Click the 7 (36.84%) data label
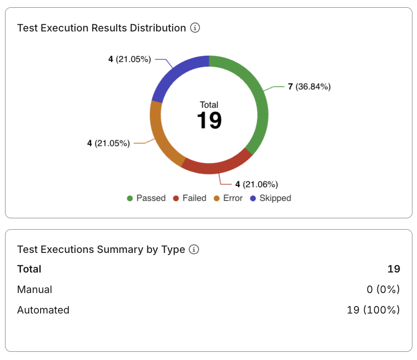309,87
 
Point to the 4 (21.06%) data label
256,184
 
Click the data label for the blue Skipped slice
130,59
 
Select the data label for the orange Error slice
109,143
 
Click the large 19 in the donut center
209,120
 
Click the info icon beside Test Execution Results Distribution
195,28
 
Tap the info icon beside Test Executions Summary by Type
194,249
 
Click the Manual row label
35,289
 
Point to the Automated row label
43,310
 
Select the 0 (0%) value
382,289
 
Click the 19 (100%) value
373,310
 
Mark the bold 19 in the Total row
393,269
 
